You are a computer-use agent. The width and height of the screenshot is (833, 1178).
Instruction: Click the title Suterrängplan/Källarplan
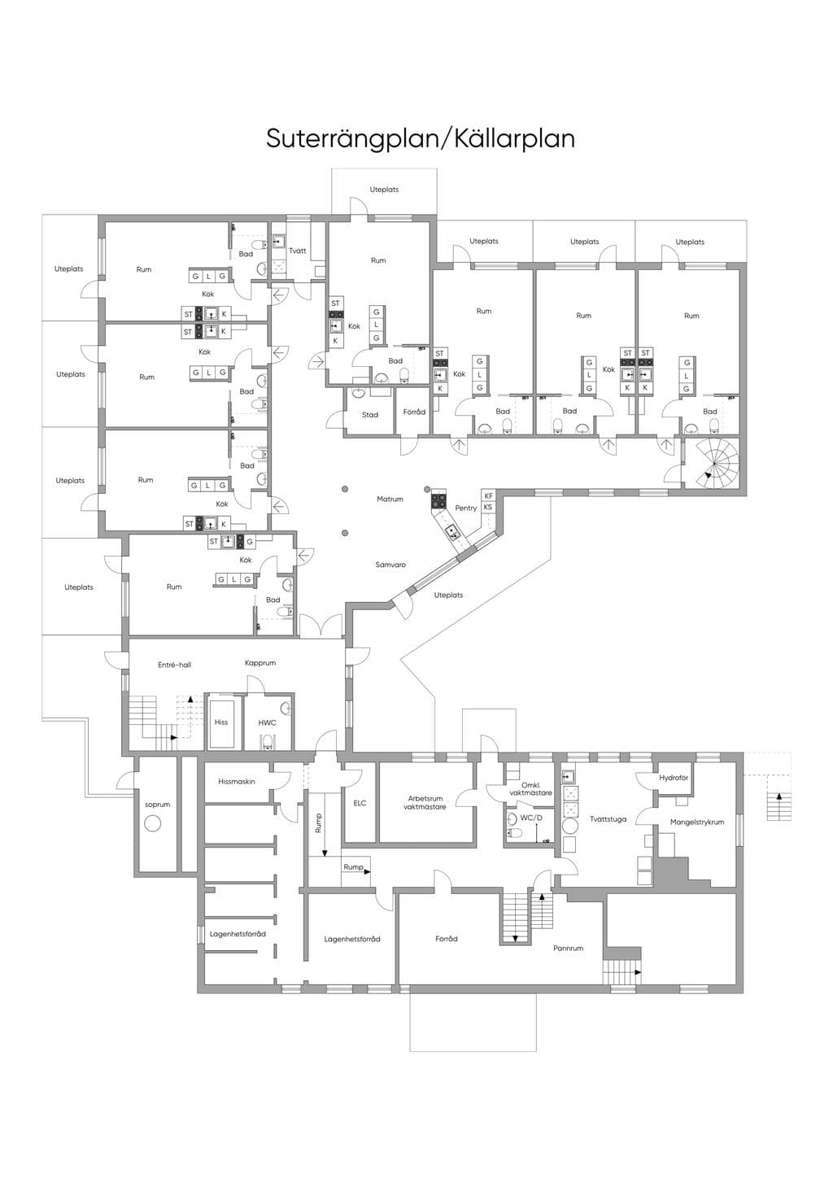pyautogui.click(x=421, y=139)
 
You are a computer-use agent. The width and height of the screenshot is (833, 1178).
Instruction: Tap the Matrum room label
pyautogui.click(x=390, y=499)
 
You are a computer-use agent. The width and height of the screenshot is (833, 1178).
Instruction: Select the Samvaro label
pyautogui.click(x=390, y=565)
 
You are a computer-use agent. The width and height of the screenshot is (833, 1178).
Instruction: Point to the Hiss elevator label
pyautogui.click(x=221, y=722)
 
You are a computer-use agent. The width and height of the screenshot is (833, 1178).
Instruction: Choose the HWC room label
pyautogui.click(x=267, y=722)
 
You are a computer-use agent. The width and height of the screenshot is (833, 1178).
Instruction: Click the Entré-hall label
pyautogui.click(x=175, y=665)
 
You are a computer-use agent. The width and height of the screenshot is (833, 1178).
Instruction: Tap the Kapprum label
pyautogui.click(x=260, y=663)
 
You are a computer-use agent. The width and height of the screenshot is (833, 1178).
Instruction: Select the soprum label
pyautogui.click(x=158, y=805)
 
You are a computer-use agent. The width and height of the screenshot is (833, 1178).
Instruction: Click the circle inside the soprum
pyautogui.click(x=152, y=823)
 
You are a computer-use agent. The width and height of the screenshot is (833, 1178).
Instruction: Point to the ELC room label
pyautogui.click(x=360, y=803)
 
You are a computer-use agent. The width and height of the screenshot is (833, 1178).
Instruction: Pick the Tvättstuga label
pyautogui.click(x=608, y=819)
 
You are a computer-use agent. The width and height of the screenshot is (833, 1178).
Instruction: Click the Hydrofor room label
pyautogui.click(x=674, y=778)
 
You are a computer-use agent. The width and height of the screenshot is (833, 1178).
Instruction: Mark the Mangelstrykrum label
pyautogui.click(x=697, y=822)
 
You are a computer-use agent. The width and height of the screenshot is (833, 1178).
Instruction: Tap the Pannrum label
pyautogui.click(x=568, y=949)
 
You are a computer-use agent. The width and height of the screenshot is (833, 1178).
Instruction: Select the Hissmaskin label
pyautogui.click(x=237, y=782)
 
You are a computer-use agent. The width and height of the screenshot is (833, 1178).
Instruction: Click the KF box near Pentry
pyautogui.click(x=489, y=496)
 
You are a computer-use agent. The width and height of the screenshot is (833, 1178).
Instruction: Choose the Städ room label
pyautogui.click(x=370, y=415)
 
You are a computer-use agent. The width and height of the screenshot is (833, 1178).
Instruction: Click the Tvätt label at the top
pyautogui.click(x=297, y=251)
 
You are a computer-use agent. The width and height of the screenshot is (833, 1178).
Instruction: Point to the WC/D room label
pyautogui.click(x=531, y=818)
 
